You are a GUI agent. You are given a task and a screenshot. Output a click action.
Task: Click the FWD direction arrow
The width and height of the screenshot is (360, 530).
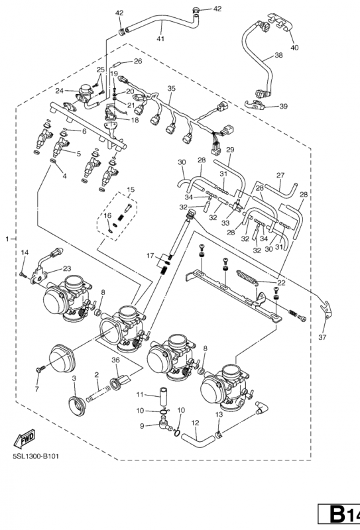coord(24,439)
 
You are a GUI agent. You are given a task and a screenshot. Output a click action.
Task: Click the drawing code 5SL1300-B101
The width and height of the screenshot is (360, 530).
coord(36,456)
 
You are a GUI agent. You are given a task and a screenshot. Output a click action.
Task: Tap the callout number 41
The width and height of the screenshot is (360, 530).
coord(160,39)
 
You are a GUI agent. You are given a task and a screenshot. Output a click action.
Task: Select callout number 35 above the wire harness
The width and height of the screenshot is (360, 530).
coord(172,89)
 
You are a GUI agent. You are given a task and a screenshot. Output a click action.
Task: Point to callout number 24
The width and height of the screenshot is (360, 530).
coord(60,91)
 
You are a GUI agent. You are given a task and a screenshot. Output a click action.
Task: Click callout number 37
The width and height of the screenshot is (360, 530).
coord(322,337)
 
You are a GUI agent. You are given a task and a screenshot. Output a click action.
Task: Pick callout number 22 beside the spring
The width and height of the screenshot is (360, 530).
coord(281,283)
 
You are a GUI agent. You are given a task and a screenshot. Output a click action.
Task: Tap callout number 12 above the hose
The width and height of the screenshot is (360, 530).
coord(195,423)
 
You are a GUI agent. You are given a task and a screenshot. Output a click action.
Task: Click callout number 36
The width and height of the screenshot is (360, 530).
coord(116,360)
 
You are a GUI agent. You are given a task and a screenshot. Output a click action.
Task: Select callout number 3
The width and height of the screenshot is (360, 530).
coord(74,378)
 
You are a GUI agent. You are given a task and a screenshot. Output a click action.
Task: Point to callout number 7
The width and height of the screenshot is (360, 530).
coord(36,390)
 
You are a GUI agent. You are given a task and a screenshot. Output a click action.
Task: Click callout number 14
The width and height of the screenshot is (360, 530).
coord(25,252)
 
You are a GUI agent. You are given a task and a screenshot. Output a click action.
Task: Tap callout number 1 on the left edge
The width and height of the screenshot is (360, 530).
coord(7,239)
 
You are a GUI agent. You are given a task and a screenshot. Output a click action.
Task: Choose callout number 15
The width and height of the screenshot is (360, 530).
coord(130,189)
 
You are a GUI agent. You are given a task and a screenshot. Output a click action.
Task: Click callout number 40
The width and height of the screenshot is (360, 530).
coord(295,48)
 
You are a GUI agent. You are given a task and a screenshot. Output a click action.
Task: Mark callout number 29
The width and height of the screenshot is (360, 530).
coord(231,150)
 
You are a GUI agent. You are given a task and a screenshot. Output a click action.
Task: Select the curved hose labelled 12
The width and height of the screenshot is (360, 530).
coord(198,441)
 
